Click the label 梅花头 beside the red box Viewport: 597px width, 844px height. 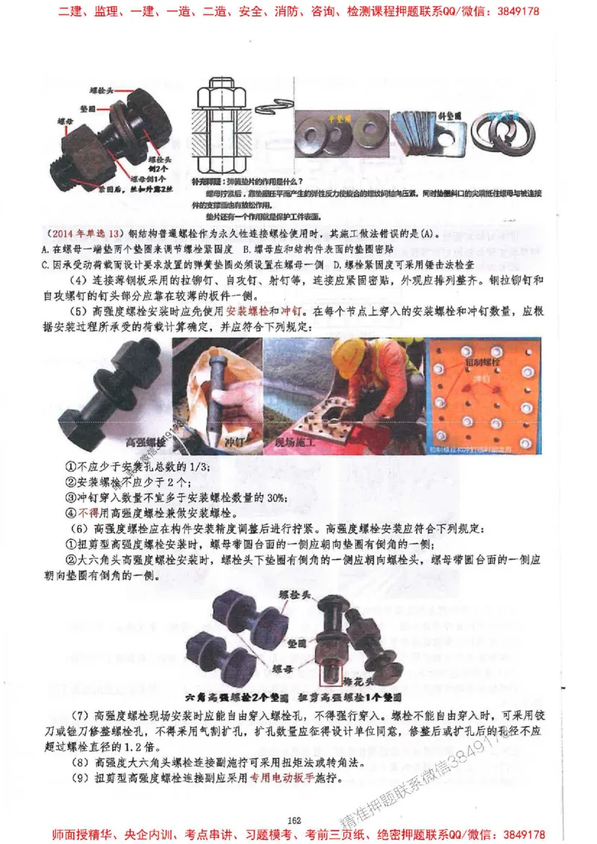pos(356,681)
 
